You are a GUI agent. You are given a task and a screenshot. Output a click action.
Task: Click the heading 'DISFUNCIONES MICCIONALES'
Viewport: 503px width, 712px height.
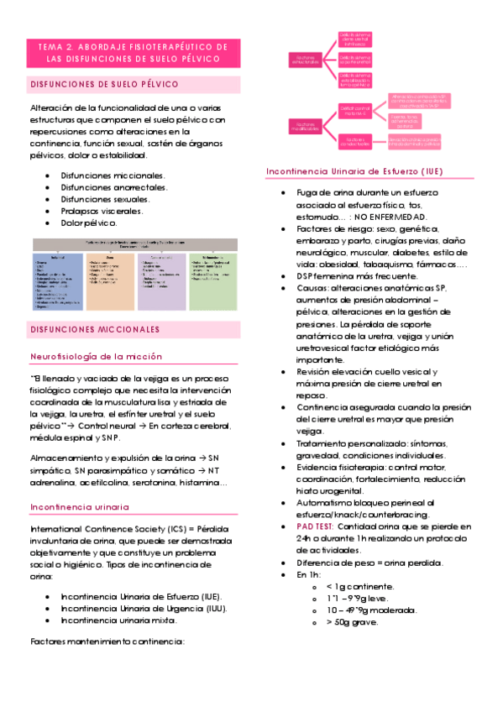point(95,330)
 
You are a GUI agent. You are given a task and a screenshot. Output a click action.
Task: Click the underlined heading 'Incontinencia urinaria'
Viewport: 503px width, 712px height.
point(80,507)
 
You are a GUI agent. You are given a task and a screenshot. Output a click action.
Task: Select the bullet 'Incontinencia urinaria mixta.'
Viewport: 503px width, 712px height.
point(118,620)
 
